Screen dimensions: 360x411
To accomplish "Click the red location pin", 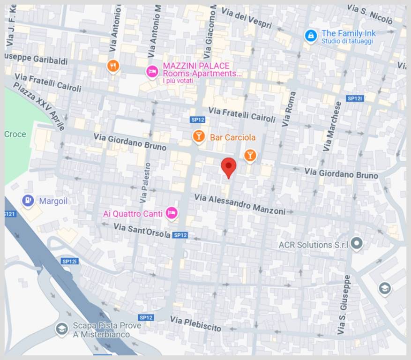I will point(228,167).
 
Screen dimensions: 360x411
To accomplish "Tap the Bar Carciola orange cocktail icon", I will point(199,136).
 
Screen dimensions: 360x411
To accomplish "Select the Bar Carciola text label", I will point(232,137).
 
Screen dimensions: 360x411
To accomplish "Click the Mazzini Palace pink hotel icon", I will point(152,71).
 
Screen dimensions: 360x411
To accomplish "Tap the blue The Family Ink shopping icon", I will point(310,36).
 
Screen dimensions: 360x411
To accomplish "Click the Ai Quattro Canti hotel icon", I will point(172,213).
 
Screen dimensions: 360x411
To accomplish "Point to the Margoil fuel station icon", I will point(28,201).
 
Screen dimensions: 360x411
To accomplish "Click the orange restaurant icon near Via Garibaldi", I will point(112,66).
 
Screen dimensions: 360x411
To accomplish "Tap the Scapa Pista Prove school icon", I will point(61,329).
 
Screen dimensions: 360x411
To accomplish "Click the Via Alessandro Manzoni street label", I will point(239,204).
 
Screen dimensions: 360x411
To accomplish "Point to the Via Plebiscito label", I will point(195,323).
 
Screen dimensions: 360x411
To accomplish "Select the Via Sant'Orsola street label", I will point(142,231).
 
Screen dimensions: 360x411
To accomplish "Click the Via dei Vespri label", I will point(247,18).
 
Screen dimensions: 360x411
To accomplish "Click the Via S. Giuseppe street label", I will point(344,305).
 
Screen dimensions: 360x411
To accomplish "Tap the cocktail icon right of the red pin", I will point(250,155).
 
